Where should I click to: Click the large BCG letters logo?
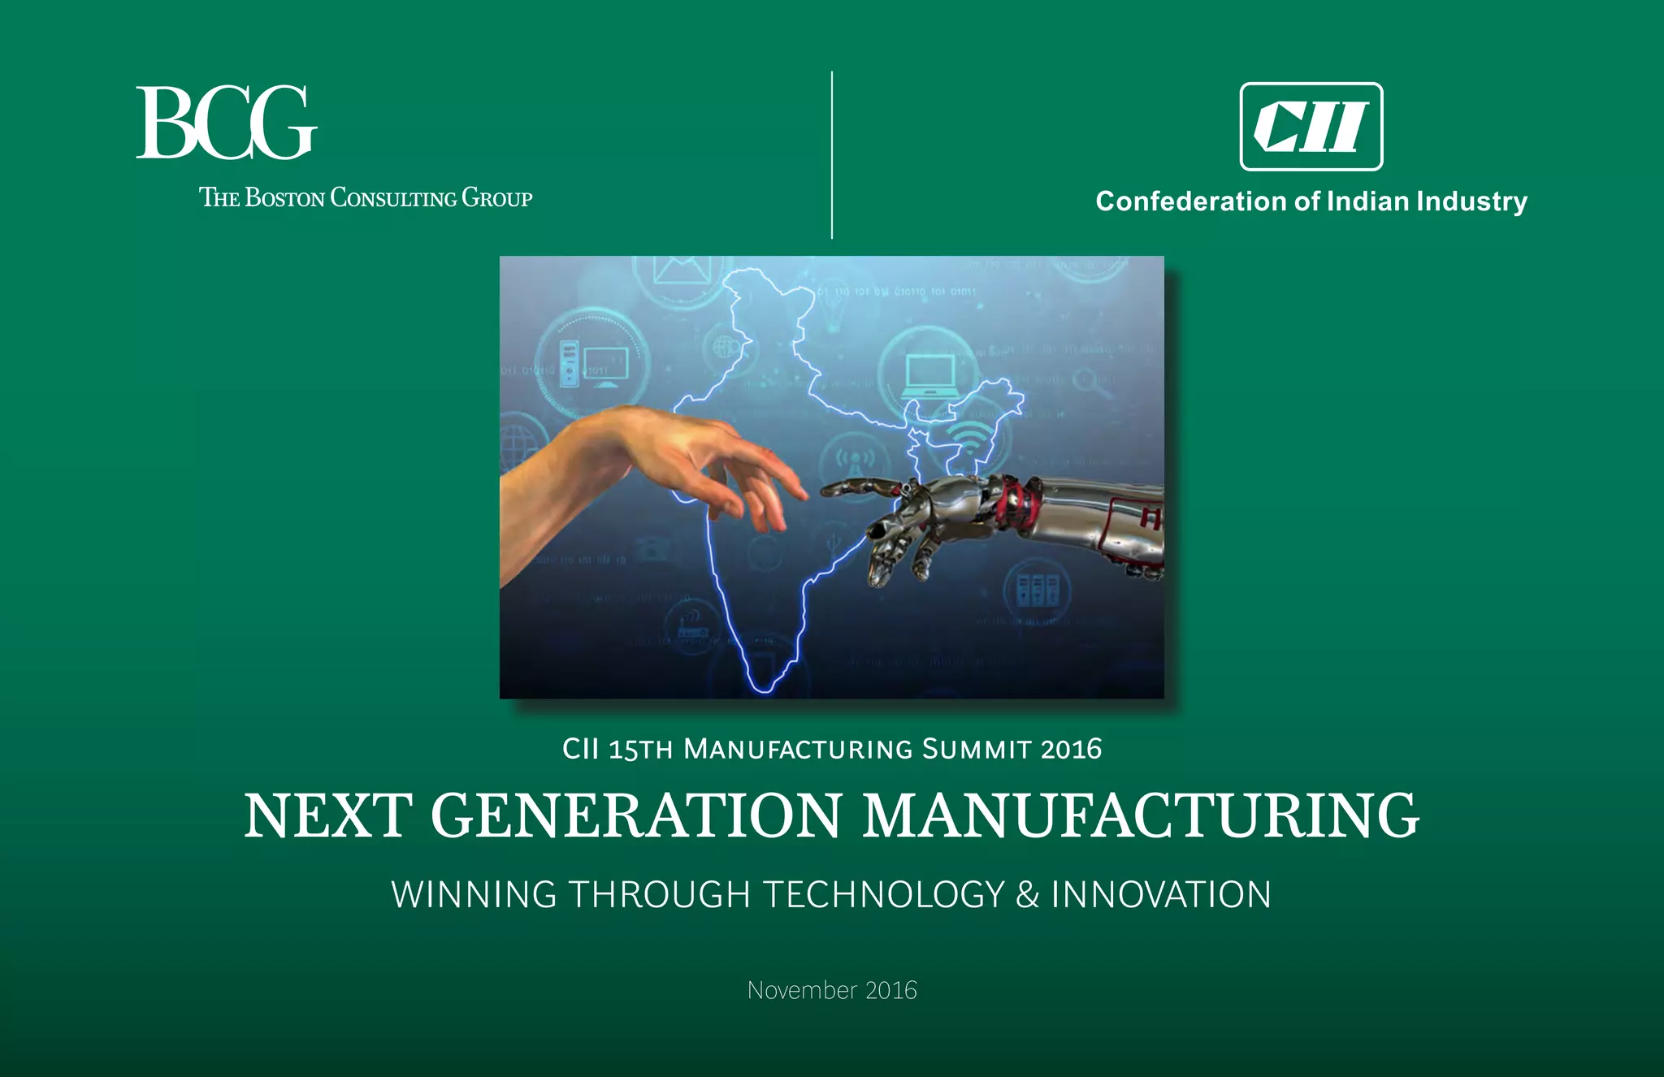tap(226, 123)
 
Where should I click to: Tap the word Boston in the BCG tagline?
tap(284, 197)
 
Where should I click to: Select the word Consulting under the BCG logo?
tap(393, 197)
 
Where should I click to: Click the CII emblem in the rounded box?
tap(1311, 127)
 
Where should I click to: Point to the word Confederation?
tap(1191, 201)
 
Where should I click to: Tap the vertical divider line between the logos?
tap(832, 154)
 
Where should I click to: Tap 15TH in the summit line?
tap(641, 750)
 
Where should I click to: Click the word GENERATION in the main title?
tap(636, 815)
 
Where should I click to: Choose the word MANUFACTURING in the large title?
tap(1141, 815)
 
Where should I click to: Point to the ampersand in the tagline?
tap(1027, 894)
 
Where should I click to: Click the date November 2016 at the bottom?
tap(832, 990)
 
